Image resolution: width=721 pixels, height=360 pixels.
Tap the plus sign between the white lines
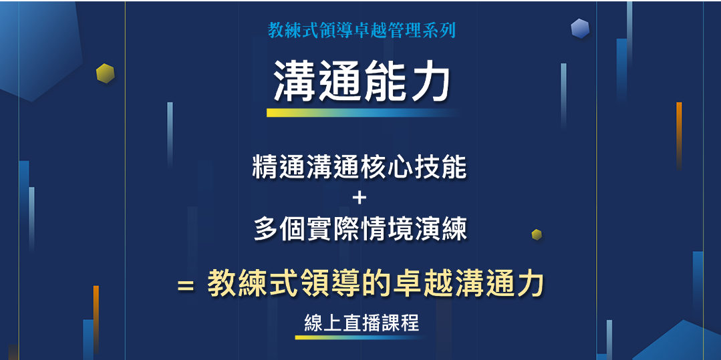coord(359,198)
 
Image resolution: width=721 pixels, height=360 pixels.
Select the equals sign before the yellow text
coord(186,286)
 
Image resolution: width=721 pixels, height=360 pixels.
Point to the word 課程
coord(401,323)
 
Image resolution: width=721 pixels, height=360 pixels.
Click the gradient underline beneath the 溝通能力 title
coord(362,113)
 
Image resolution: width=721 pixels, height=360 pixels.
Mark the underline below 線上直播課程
coord(361,337)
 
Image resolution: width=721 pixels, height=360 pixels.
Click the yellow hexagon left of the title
coord(105,73)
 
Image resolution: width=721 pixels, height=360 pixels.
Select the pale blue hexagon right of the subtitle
coord(580,29)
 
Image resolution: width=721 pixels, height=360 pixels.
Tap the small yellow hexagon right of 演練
coord(537,234)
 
